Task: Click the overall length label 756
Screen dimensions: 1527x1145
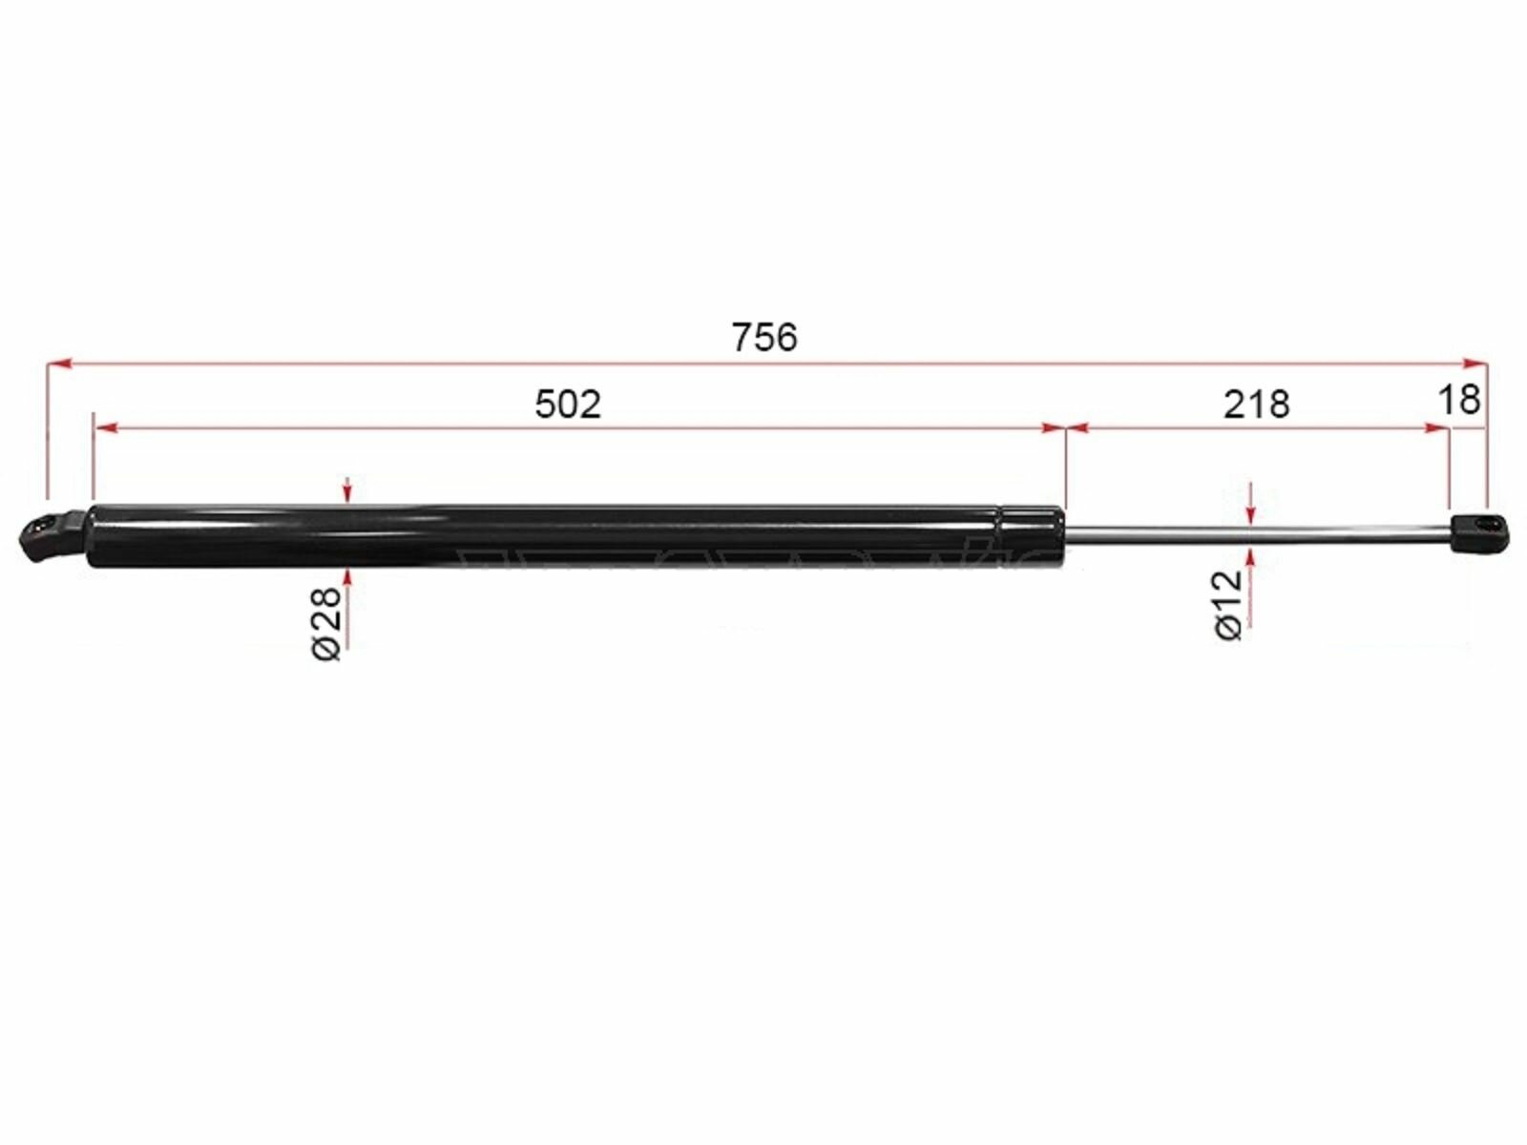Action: point(763,338)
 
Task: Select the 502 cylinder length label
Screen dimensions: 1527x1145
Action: point(568,404)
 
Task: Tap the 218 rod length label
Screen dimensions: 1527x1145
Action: point(1256,404)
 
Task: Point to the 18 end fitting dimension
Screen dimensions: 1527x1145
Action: point(1459,400)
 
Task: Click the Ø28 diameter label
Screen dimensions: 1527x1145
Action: point(327,623)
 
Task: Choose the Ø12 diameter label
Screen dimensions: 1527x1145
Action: point(1228,604)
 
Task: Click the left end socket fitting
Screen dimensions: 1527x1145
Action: point(52,536)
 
